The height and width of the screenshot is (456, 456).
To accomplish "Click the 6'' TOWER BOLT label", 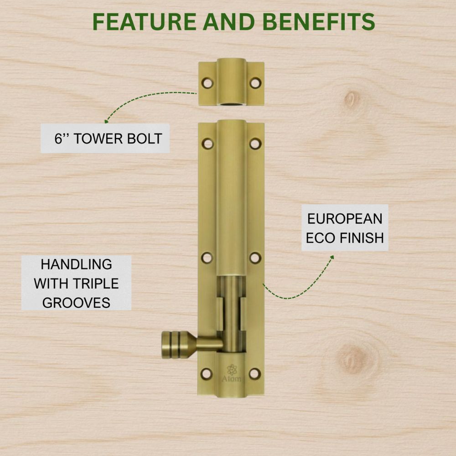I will [108, 139].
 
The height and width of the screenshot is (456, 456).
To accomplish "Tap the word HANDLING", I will [76, 264].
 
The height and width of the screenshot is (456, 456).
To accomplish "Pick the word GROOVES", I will [76, 303].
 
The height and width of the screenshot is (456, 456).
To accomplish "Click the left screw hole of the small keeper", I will [208, 83].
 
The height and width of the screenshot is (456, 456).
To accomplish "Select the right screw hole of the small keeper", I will [255, 83].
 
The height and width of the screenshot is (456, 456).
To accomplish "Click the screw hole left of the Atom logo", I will [207, 373].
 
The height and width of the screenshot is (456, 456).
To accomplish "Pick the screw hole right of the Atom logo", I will [255, 373].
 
